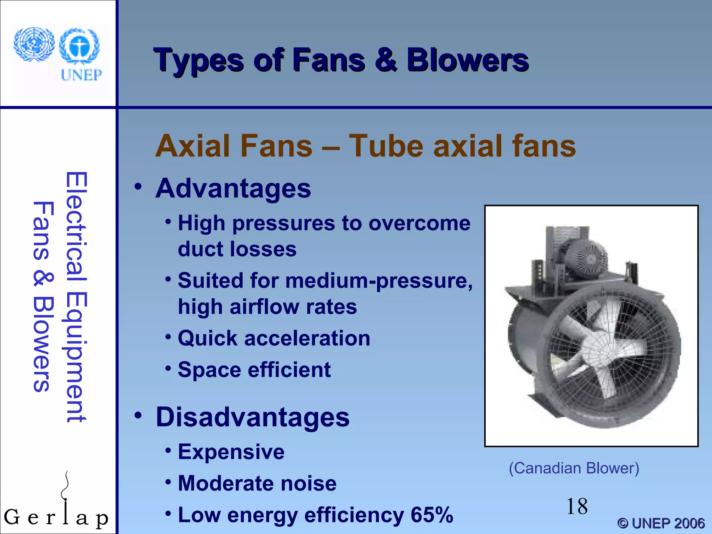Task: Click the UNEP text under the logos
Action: tap(81, 75)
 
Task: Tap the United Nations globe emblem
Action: tap(34, 44)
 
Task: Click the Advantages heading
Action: tap(233, 188)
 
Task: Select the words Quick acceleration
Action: tap(274, 338)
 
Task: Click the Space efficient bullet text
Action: tap(254, 370)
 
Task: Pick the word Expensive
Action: tap(231, 452)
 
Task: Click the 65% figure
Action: tap(432, 515)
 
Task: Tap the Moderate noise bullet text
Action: tap(257, 484)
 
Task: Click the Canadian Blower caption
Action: tap(574, 468)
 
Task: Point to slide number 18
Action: tap(577, 507)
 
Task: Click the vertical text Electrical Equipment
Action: tap(76, 297)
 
